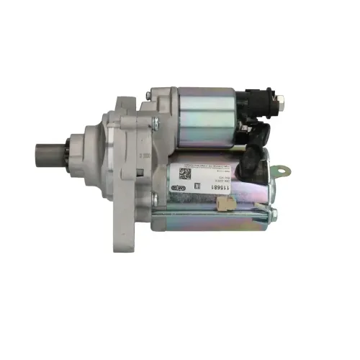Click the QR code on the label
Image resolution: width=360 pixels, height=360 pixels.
(184, 174)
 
